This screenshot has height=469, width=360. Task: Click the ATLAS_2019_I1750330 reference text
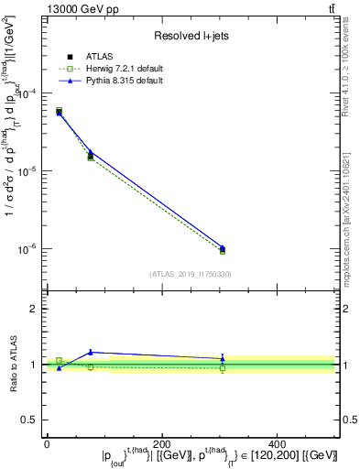(x=189, y=274)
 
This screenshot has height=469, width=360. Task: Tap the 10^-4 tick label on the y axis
(x=27, y=94)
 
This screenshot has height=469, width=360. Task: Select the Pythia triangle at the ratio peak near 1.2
(x=90, y=352)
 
